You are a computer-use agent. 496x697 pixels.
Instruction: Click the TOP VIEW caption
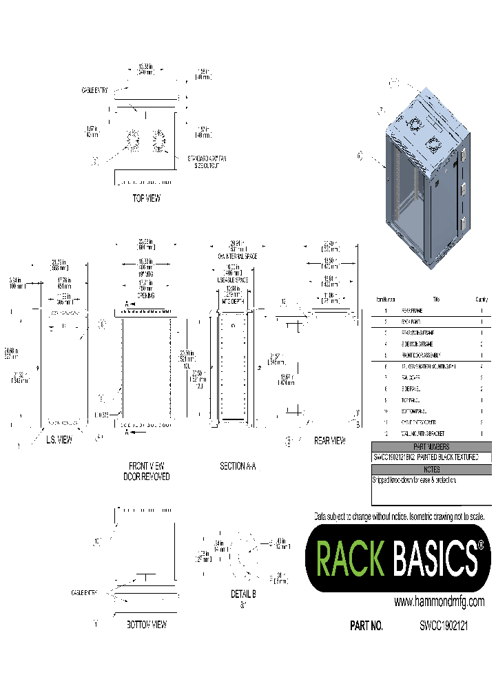tap(146, 198)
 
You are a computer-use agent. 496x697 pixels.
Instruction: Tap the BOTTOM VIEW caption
tap(146, 625)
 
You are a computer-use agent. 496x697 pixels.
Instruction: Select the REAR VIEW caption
tap(329, 440)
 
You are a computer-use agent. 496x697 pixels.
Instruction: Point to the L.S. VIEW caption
tap(59, 439)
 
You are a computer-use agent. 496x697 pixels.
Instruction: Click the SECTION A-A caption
tap(238, 466)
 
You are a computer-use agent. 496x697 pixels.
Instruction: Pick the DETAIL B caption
tap(242, 594)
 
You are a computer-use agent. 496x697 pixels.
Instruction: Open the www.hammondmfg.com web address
tap(439, 601)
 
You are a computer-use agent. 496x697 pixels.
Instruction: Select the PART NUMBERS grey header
tap(431, 446)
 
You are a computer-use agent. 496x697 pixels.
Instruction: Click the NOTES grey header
tap(431, 469)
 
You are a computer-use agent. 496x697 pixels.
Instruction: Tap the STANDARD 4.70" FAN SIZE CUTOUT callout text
tap(207, 162)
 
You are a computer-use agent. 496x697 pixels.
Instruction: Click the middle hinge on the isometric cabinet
tap(463, 188)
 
